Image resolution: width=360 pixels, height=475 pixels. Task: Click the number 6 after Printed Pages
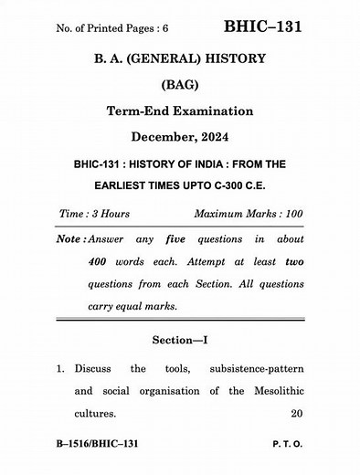coord(165,29)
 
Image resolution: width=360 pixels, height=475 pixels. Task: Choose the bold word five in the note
coord(175,239)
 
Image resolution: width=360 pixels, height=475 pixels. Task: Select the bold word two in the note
coord(293,261)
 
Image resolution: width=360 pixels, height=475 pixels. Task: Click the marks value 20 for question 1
coord(294,413)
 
